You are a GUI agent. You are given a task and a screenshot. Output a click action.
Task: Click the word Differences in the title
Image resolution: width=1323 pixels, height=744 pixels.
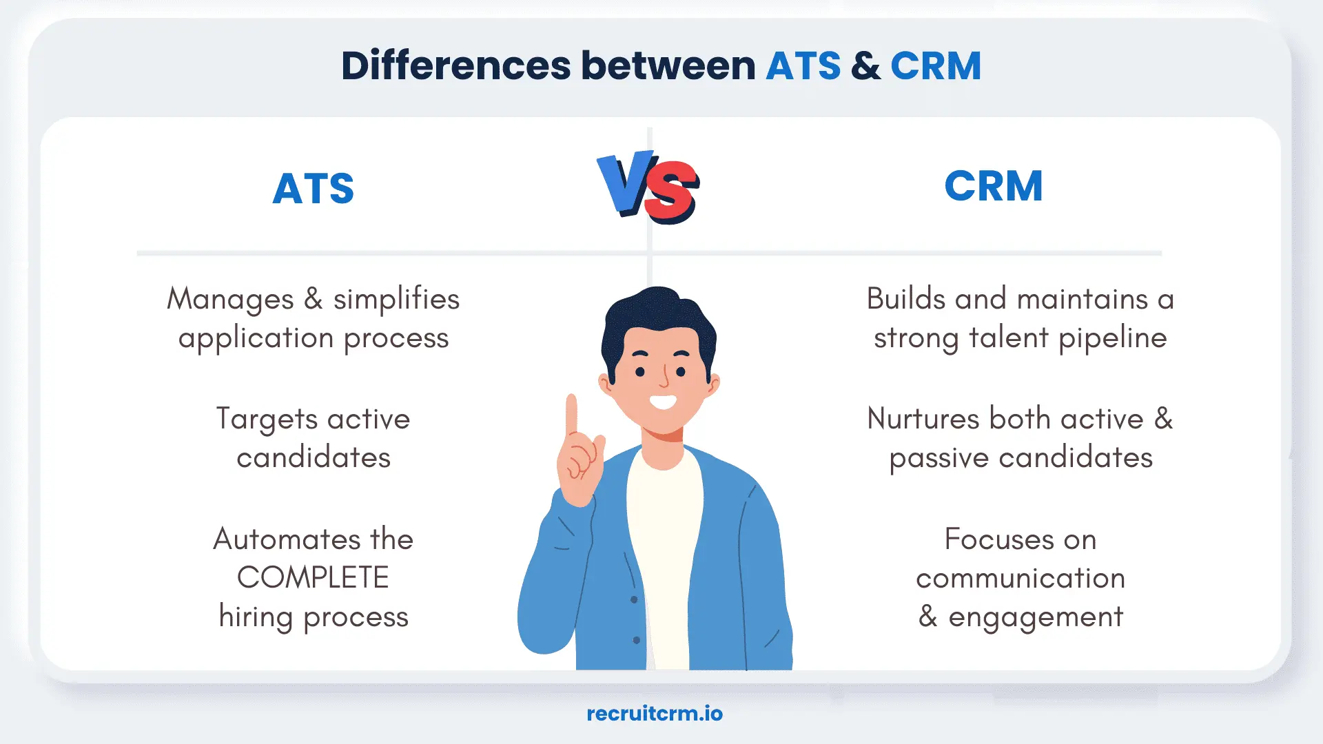[x=455, y=66]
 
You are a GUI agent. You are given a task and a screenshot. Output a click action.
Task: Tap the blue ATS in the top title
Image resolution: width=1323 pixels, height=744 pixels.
[x=803, y=66]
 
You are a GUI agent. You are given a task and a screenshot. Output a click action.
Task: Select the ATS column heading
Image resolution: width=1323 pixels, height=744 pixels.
[x=313, y=188]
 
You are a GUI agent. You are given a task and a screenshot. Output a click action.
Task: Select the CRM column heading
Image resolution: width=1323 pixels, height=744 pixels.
[x=993, y=186]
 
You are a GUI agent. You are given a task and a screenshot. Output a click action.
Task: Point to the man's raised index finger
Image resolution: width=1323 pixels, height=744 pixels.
[x=571, y=413]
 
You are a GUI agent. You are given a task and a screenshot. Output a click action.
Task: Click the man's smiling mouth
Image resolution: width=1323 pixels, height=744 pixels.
[x=663, y=402]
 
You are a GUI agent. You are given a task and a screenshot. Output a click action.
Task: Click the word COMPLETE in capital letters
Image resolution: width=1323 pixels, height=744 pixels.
[x=313, y=577]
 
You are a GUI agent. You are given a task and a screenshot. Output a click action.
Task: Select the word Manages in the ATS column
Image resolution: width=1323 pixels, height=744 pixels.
[x=230, y=300]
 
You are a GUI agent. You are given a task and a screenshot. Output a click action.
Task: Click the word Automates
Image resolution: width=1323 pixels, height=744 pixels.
[x=287, y=539]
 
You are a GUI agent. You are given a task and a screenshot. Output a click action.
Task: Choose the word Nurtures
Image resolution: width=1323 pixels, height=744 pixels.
[x=923, y=419]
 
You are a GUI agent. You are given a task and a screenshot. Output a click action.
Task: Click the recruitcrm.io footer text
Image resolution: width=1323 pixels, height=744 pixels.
[x=654, y=714]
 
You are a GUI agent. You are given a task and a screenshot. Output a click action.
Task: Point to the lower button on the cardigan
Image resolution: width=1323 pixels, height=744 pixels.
[x=636, y=640]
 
